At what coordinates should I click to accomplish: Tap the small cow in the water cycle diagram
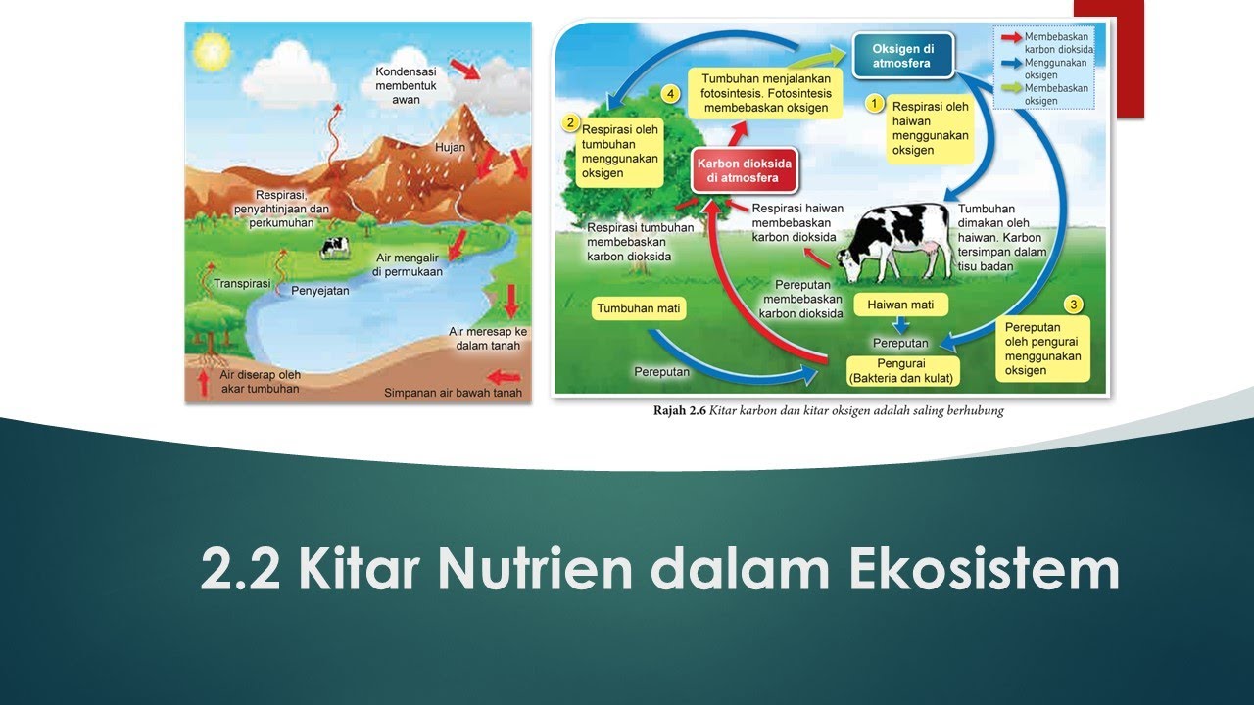(x=334, y=247)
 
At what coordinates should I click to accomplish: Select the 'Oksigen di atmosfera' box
(x=901, y=57)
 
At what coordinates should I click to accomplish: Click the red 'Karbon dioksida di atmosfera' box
(x=743, y=171)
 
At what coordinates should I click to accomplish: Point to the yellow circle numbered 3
(x=1074, y=305)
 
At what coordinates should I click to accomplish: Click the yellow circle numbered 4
(x=670, y=94)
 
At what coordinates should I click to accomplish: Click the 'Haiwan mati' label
(x=900, y=305)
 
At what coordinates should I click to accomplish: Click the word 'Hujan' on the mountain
(x=451, y=148)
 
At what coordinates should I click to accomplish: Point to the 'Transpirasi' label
(x=242, y=283)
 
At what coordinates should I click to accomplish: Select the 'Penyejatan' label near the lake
(x=320, y=290)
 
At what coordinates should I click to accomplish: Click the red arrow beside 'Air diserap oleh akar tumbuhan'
(x=204, y=381)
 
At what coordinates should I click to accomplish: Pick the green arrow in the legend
(x=1010, y=88)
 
